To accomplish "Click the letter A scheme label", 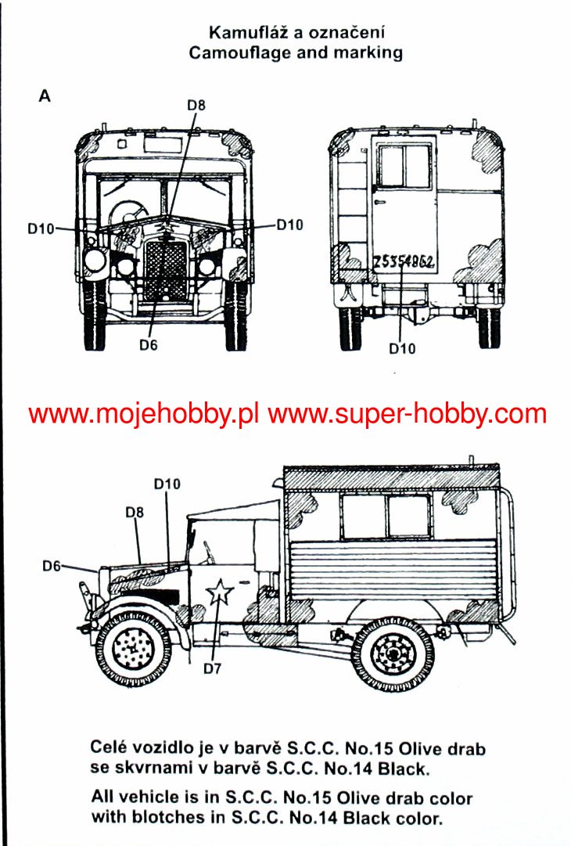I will [x=45, y=95].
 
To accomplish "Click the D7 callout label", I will [x=214, y=668].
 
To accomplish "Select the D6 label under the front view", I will [x=149, y=344].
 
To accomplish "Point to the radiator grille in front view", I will [x=167, y=270].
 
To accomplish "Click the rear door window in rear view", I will [x=404, y=165].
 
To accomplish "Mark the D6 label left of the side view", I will [x=52, y=565].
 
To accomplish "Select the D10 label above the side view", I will [x=167, y=484].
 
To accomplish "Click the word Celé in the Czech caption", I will [x=110, y=748].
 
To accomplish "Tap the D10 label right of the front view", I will [x=289, y=225].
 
